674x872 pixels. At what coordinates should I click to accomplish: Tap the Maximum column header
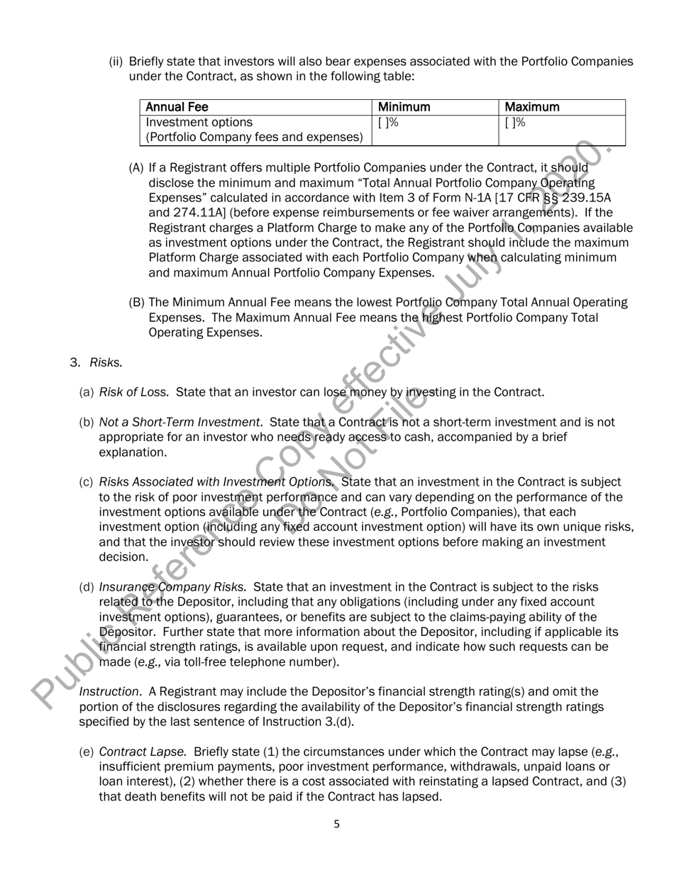coord(532,107)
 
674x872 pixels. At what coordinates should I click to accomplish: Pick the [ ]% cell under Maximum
coord(515,122)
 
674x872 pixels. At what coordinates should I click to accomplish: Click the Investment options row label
coord(199,122)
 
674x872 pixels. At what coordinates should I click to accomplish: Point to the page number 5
coord(337,824)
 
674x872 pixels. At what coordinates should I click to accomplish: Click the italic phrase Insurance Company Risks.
coord(172,587)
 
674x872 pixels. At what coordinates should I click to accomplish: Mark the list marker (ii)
coord(116,62)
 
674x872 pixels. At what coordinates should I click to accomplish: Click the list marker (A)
coord(136,167)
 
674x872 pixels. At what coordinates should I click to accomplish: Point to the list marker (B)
coord(136,303)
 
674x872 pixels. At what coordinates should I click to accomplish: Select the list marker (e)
coord(86,751)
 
